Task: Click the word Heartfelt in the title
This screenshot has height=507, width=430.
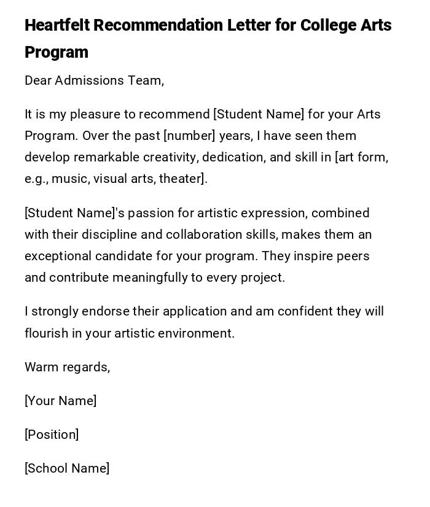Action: (57, 26)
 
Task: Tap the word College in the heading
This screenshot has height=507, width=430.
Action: (328, 26)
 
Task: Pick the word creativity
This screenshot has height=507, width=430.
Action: (170, 157)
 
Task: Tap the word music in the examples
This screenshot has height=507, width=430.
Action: (68, 179)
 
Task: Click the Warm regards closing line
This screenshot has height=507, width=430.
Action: (68, 367)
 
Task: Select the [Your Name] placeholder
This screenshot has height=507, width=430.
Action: (61, 401)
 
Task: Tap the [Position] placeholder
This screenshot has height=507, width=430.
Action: (52, 435)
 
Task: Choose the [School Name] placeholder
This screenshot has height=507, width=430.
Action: (67, 468)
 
